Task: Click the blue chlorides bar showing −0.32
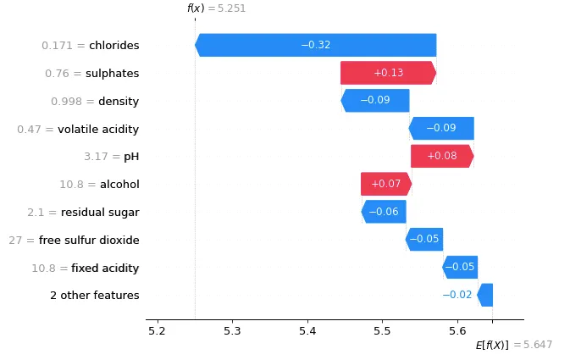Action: coord(315,45)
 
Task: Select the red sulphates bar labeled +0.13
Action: coord(388,73)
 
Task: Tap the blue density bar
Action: coord(375,101)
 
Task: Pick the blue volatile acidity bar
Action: coord(440,129)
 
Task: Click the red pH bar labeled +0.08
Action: coord(441,156)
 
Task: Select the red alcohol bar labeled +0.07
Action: coord(385,184)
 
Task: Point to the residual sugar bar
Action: coord(384,212)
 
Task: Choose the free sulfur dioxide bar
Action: coord(424,240)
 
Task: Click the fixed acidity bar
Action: coord(460,268)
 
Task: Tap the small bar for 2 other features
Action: coord(484,295)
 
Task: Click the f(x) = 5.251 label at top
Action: coord(216,8)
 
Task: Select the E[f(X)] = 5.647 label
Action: coord(514,345)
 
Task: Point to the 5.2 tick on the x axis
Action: coord(157,330)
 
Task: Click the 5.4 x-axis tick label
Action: coord(307,330)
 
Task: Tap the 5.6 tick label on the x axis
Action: coord(457,330)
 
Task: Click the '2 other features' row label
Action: coord(94,296)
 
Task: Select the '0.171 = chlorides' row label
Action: coord(91,46)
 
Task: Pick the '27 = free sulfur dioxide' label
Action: coord(74,241)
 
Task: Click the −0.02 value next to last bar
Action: coord(457,296)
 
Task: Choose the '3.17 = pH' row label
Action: coord(111,157)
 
